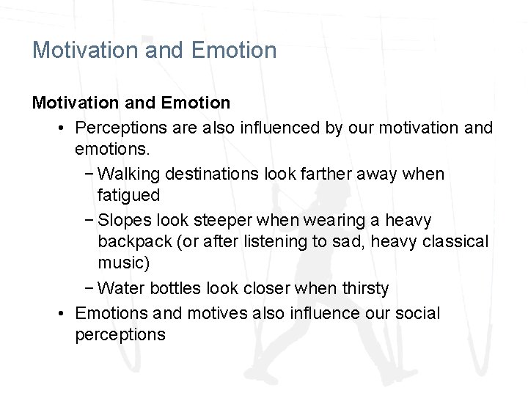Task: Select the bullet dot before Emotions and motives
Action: click(x=64, y=313)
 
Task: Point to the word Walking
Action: click(x=129, y=174)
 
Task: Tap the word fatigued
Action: click(x=128, y=195)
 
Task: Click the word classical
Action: click(x=456, y=241)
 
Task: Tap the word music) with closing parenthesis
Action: click(x=123, y=263)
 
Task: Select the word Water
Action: click(x=119, y=288)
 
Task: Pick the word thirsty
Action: click(x=365, y=288)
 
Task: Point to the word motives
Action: click(x=217, y=313)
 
